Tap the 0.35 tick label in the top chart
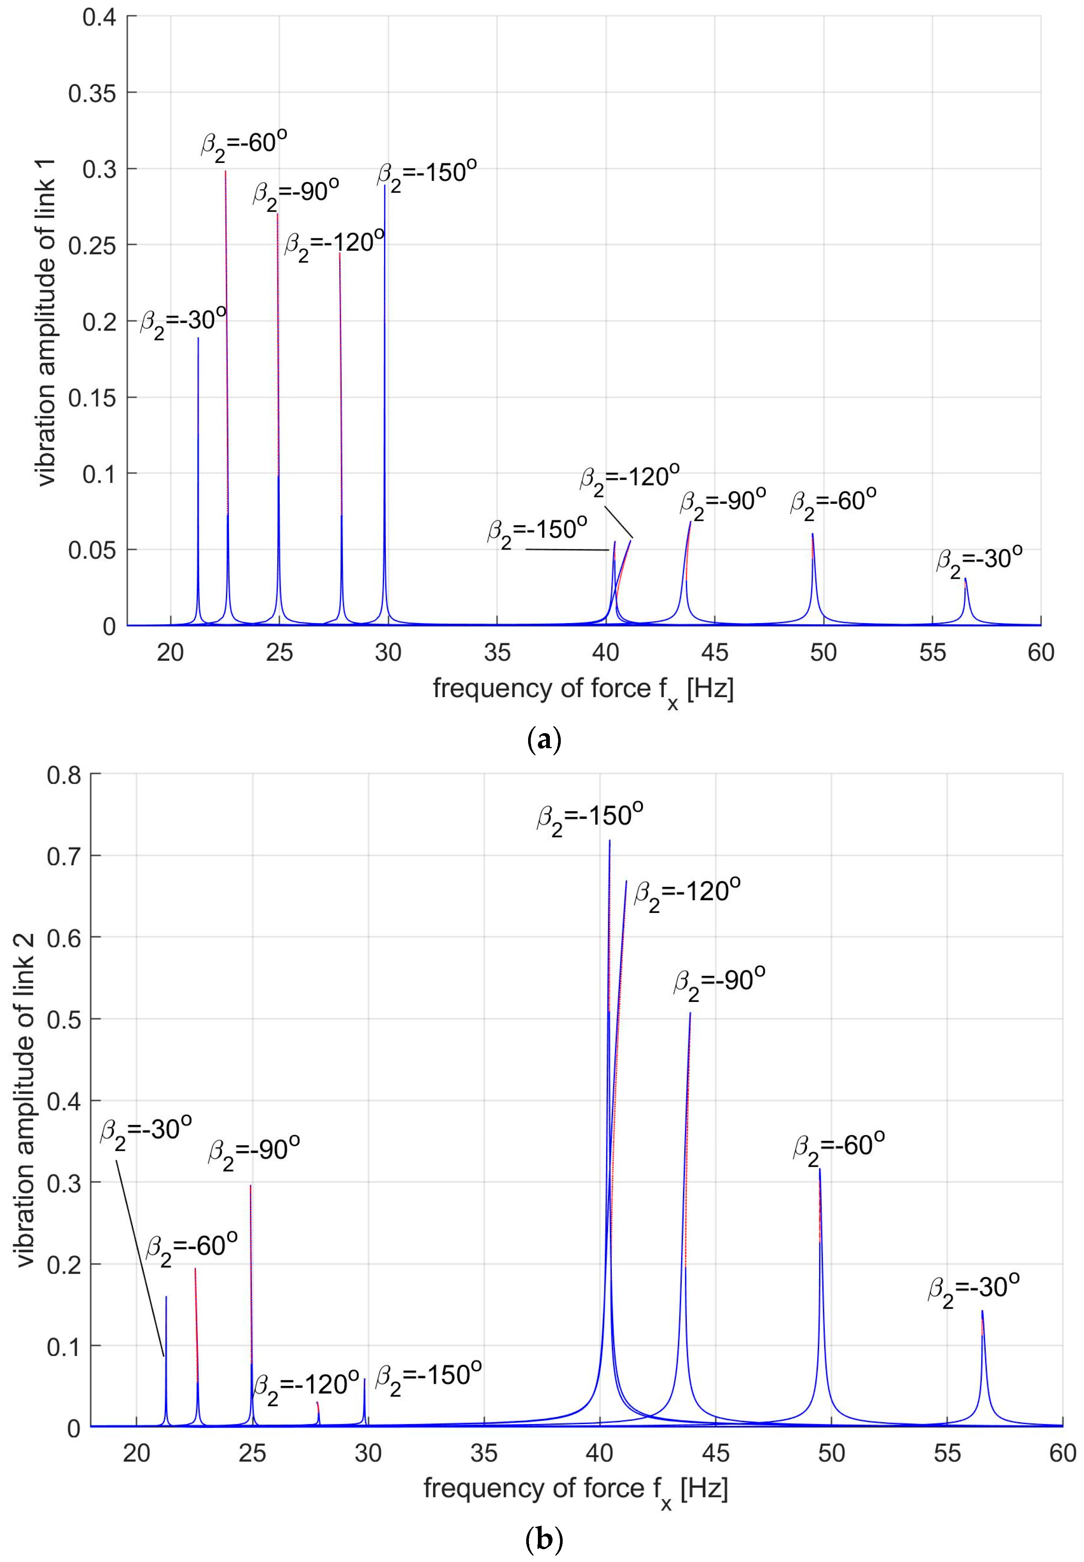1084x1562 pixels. [92, 93]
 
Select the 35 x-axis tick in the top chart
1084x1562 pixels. [497, 653]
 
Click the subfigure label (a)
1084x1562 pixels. [544, 739]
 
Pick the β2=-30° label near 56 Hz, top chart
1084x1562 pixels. [979, 560]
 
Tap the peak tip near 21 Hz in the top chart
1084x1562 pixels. [198, 338]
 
